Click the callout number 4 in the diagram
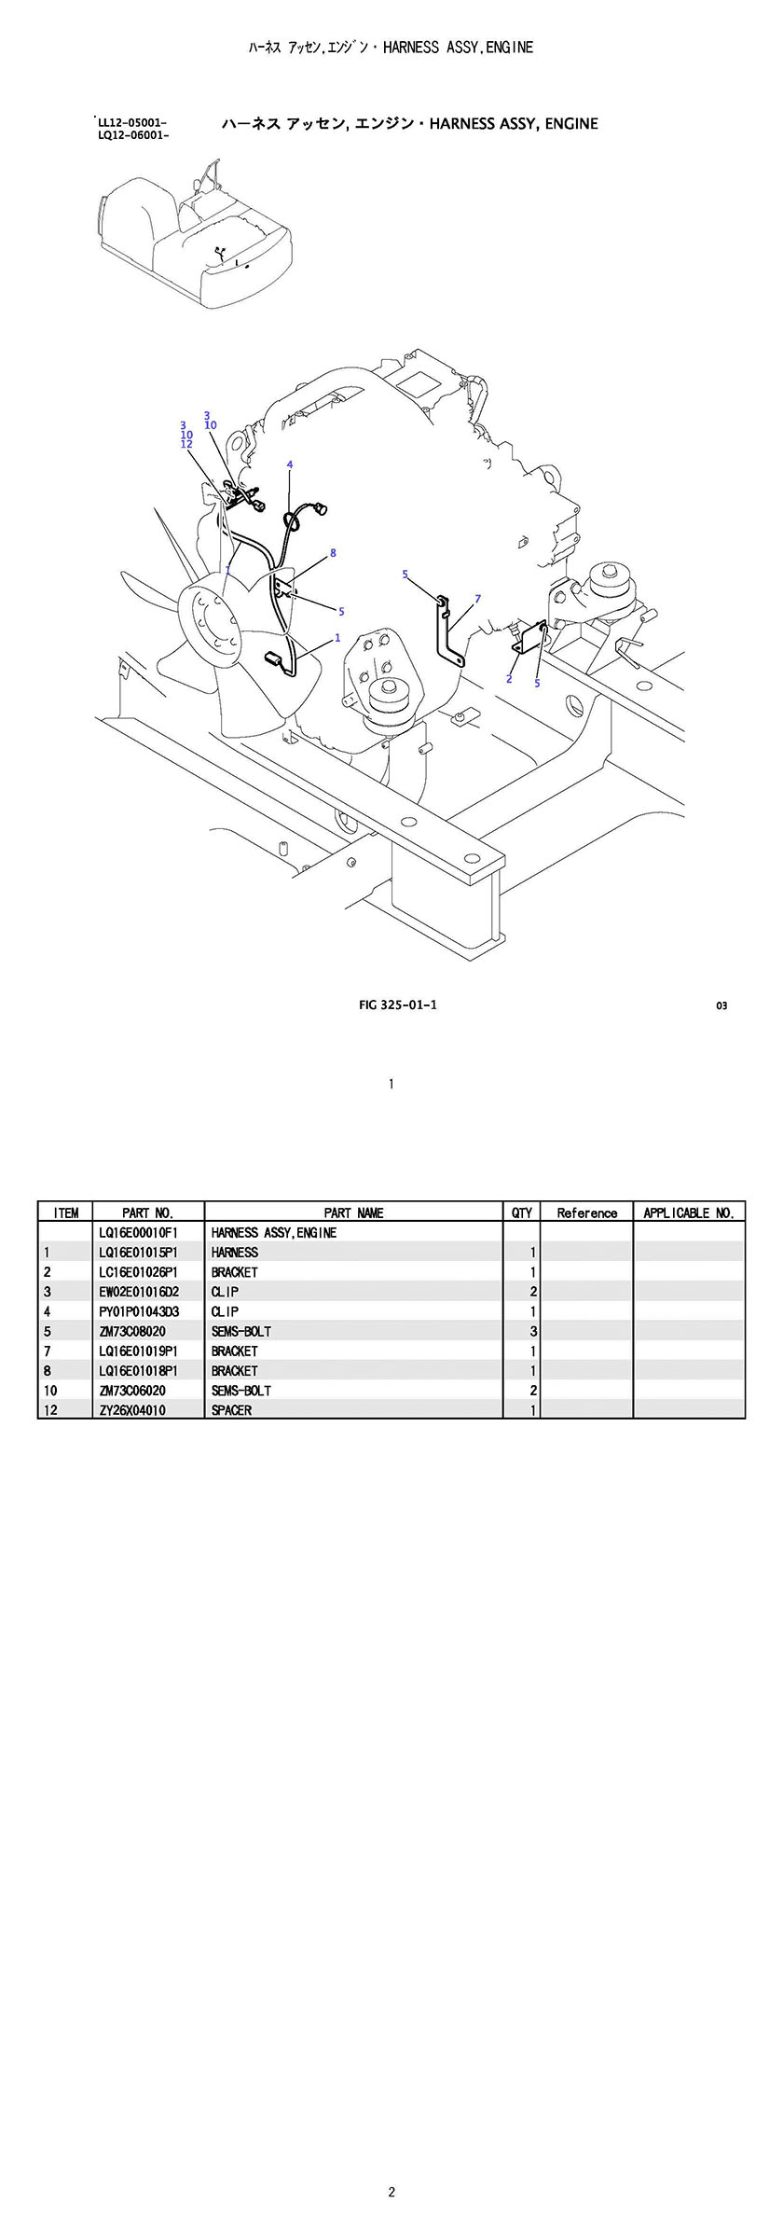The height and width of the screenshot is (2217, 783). point(290,464)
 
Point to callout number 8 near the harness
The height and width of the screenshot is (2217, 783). point(333,553)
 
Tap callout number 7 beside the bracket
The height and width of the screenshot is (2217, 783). point(477,599)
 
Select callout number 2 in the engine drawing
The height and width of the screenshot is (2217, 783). point(509,679)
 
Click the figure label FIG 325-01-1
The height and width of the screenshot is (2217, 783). point(398,1005)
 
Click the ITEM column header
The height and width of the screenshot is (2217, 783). point(66,1212)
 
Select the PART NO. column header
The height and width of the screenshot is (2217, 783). point(148,1212)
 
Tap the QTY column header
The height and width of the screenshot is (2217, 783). point(522,1212)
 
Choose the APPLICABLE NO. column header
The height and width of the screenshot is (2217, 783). point(689,1212)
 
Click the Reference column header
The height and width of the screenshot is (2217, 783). point(587,1212)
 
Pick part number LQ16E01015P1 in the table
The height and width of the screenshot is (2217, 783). point(138,1253)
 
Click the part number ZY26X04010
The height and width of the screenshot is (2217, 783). point(132,1410)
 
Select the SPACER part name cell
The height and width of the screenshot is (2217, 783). point(231,1410)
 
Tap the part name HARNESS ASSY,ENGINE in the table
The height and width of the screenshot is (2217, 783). point(274,1233)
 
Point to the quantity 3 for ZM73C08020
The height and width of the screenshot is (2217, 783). point(533,1331)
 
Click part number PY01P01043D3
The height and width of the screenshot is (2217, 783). point(138,1311)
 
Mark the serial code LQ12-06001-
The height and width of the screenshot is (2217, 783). point(132,135)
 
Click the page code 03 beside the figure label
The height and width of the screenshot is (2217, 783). point(721,1005)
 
